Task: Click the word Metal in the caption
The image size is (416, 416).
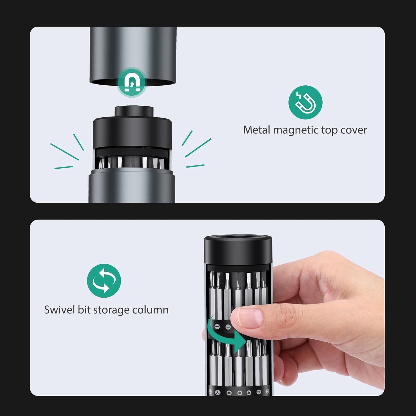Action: (x=257, y=130)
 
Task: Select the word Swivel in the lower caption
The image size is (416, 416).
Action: (x=59, y=310)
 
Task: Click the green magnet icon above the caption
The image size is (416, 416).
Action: (x=305, y=102)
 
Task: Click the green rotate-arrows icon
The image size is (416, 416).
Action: (x=104, y=280)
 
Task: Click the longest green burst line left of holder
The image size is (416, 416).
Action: (x=64, y=151)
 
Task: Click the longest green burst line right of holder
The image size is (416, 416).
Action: (x=198, y=148)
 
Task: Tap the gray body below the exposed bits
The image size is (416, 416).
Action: (x=131, y=189)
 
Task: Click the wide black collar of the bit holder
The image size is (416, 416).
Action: (x=132, y=133)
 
